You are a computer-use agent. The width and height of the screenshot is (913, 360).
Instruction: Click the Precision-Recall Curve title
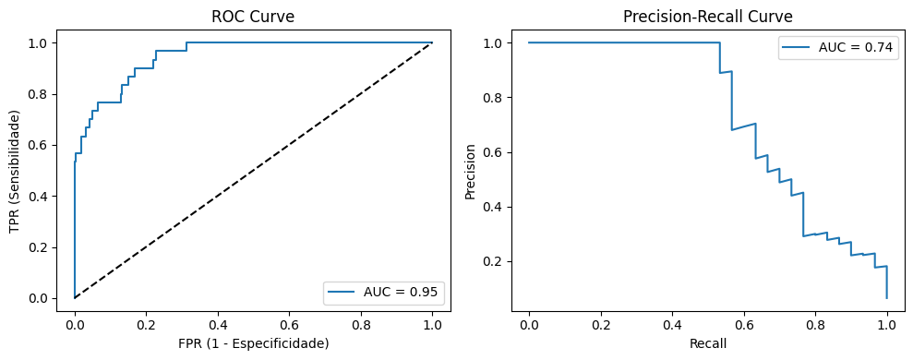tap(707, 17)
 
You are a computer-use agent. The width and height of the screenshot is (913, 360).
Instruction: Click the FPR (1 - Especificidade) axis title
tap(253, 343)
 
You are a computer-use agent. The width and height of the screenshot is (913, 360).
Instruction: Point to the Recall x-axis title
tap(707, 343)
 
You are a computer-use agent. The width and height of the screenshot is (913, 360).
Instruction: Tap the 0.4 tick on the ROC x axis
tap(218, 325)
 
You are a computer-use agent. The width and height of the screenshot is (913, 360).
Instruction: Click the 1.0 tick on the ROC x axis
tap(432, 325)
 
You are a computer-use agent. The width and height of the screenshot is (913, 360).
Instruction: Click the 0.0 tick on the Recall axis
tap(529, 325)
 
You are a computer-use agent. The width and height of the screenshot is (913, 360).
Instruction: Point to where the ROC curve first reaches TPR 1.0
tap(186, 42)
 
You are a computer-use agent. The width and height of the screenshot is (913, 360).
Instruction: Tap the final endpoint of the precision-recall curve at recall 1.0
tap(886, 297)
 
